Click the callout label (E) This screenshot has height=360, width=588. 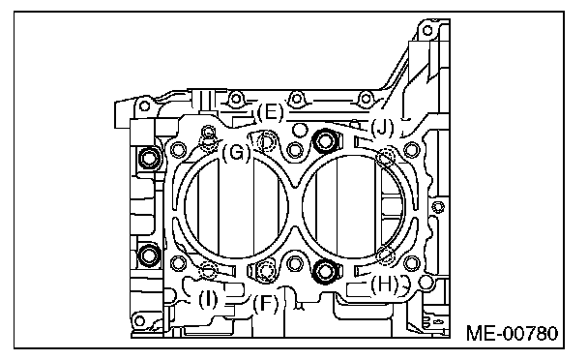coord(270,112)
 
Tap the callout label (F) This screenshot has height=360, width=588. coord(266,303)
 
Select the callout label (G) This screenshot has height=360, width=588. coord(236,153)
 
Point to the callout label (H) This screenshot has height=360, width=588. coord(384,285)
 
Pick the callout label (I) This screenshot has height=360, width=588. coord(207,299)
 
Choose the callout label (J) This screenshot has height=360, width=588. coord(382,128)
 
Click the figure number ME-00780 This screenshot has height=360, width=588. coord(512,333)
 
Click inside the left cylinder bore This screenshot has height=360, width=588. coord(236,205)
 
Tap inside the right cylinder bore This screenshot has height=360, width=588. coord(353,206)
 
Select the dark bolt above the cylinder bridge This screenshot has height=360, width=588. coord(325,140)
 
